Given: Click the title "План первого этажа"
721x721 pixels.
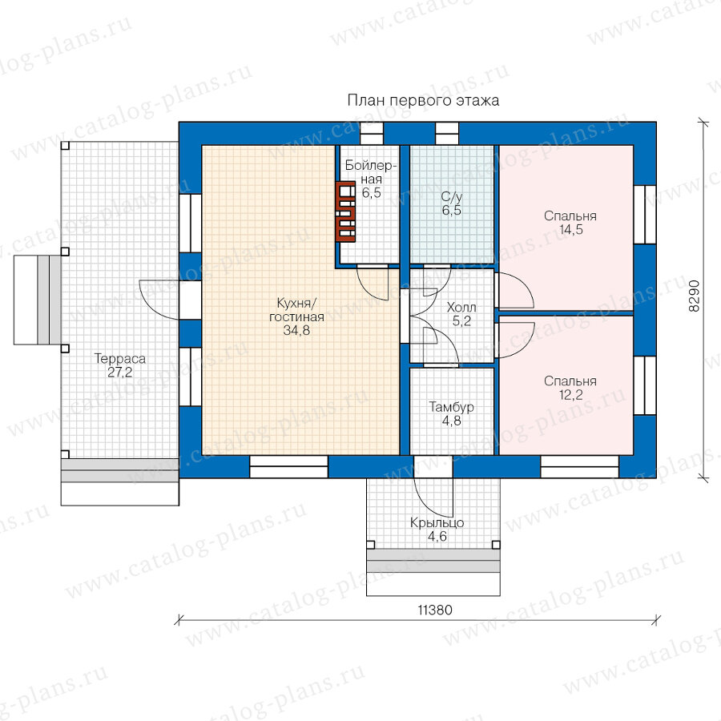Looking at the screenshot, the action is pyautogui.click(x=423, y=100).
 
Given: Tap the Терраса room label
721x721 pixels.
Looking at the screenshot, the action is pyautogui.click(x=120, y=359).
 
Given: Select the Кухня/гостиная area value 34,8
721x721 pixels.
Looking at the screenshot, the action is pyautogui.click(x=296, y=330).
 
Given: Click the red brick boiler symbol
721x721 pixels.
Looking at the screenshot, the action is pyautogui.click(x=345, y=211).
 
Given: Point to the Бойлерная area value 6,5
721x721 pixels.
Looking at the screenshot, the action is pyautogui.click(x=372, y=192).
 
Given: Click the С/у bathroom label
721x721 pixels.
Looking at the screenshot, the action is pyautogui.click(x=452, y=197).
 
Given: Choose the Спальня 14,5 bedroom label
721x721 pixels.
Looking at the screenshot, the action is pyautogui.click(x=570, y=223).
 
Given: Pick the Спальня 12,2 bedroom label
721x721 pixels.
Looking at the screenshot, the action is pyautogui.click(x=570, y=388).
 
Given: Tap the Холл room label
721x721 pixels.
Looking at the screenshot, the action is pyautogui.click(x=461, y=307).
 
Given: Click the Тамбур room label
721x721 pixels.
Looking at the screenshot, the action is pyautogui.click(x=452, y=407).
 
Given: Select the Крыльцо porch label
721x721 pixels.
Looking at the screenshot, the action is pyautogui.click(x=437, y=523).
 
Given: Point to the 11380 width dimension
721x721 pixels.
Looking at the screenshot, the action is pyautogui.click(x=435, y=610).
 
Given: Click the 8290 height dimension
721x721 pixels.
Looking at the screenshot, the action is pyautogui.click(x=694, y=296).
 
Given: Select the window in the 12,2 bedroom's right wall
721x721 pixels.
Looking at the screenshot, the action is pyautogui.click(x=645, y=386).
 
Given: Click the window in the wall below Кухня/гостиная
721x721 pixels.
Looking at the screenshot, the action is pyautogui.click(x=288, y=467).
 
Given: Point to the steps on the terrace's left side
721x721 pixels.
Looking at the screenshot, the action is pyautogui.click(x=37, y=300).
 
